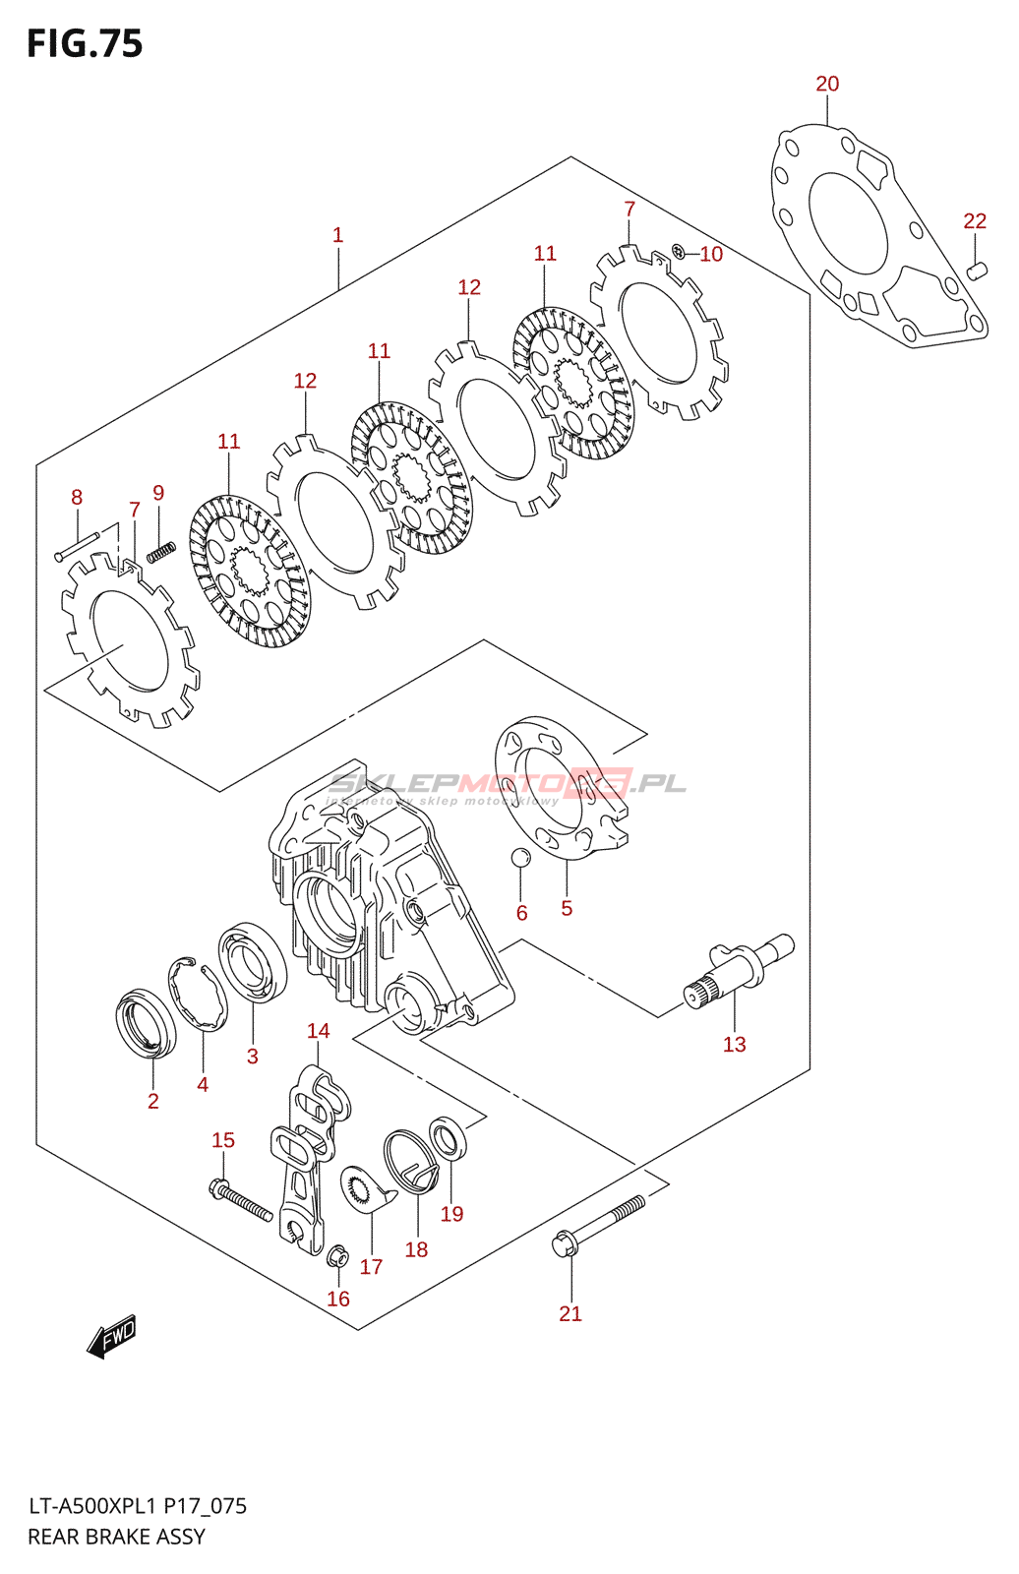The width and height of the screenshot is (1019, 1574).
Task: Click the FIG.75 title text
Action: [85, 44]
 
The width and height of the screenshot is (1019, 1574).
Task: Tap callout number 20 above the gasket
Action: [827, 85]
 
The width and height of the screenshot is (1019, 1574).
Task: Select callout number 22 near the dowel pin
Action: [974, 221]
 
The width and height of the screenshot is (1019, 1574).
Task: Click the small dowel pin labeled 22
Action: [976, 270]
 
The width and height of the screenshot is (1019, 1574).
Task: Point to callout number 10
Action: [711, 255]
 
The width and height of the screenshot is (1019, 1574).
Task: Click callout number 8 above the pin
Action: [77, 498]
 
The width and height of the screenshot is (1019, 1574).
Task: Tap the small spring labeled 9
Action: [160, 552]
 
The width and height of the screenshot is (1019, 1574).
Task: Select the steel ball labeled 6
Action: [520, 857]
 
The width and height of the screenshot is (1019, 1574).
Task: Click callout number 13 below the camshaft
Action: [734, 1045]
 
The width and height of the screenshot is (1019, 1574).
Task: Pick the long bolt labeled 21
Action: [599, 1224]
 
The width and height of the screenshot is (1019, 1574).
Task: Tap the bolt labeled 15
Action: [240, 1201]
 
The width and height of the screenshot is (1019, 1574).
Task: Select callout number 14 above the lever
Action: [318, 1031]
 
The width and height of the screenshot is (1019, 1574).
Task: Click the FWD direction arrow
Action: [110, 1338]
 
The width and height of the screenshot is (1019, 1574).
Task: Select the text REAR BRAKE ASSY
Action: [116, 1537]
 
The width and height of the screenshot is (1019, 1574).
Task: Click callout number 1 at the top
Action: [337, 235]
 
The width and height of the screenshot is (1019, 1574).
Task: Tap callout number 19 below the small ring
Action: [451, 1214]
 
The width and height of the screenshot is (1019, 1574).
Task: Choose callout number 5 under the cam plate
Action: [567, 908]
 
